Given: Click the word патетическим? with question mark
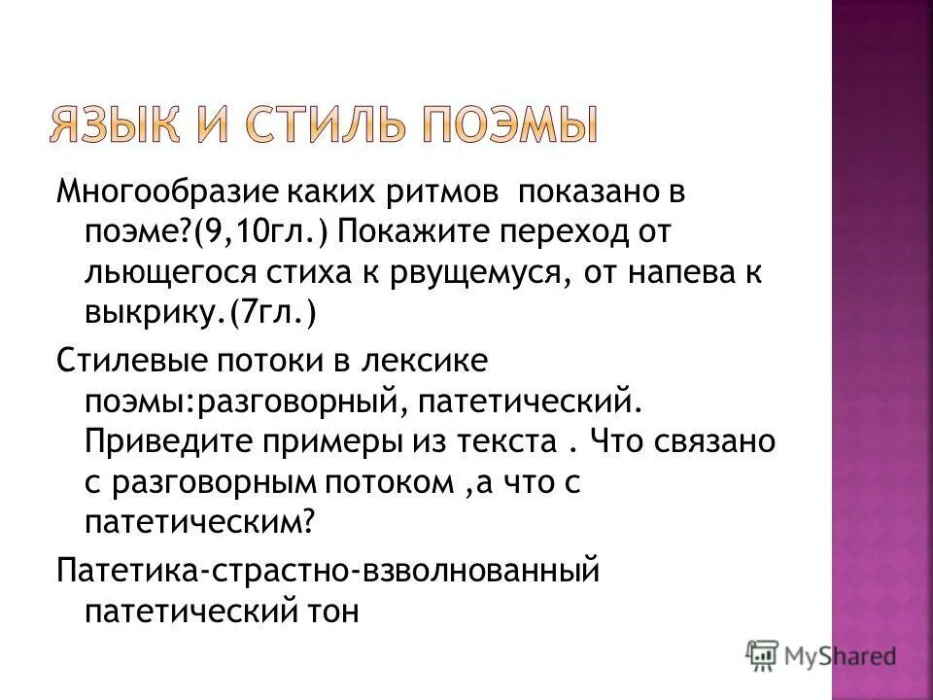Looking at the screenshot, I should (201, 524).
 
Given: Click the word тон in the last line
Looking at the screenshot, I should (335, 611).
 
